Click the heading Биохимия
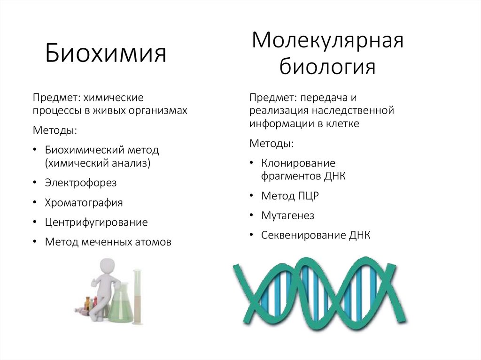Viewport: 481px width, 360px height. pyautogui.click(x=106, y=54)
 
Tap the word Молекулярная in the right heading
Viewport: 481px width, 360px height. pyautogui.click(x=327, y=41)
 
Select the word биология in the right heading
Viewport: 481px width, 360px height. pyautogui.click(x=327, y=67)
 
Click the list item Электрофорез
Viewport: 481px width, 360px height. pyautogui.click(x=80, y=183)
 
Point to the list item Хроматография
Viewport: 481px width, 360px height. pyautogui.click(x=84, y=203)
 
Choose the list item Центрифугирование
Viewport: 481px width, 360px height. pyautogui.click(x=96, y=222)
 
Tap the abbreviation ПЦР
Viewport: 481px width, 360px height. pyautogui.click(x=308, y=196)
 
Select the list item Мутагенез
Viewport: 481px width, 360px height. pyautogui.click(x=287, y=216)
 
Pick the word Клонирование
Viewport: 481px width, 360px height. pyautogui.click(x=298, y=163)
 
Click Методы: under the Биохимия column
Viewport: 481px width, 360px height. pyautogui.click(x=54, y=130)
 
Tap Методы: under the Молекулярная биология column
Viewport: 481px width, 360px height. pyautogui.click(x=271, y=143)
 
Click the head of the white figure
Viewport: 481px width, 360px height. pyautogui.click(x=108, y=268)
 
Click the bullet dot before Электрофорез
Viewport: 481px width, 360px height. pyautogui.click(x=36, y=183)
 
